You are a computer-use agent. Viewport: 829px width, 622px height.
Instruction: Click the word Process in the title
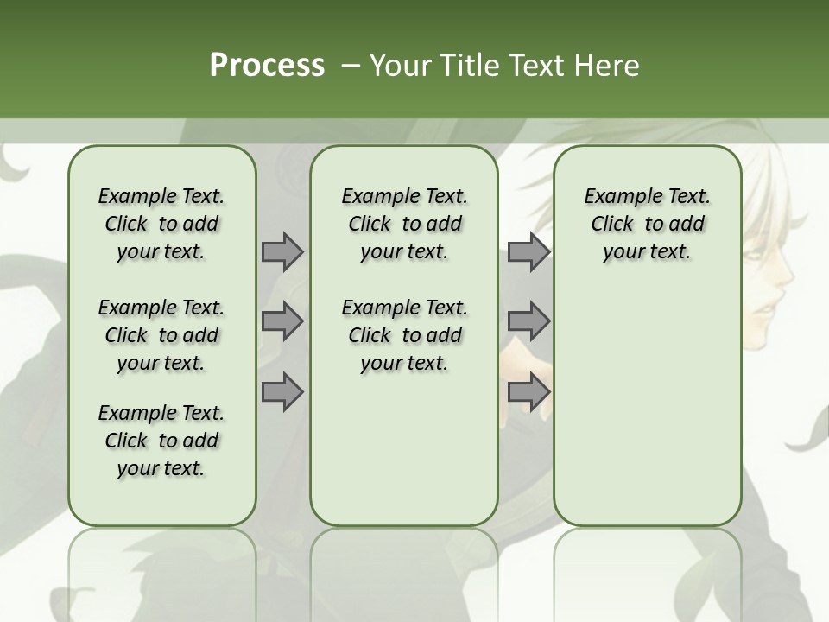[x=267, y=65]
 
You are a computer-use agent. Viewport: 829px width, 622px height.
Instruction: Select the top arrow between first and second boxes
[x=282, y=251]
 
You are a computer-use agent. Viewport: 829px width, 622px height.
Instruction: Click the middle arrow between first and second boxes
[x=282, y=321]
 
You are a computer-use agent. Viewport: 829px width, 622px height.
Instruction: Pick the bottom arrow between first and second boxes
[x=282, y=391]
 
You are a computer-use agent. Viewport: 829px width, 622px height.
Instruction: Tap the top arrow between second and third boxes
[x=528, y=251]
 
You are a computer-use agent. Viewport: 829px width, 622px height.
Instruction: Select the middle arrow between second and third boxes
[x=528, y=321]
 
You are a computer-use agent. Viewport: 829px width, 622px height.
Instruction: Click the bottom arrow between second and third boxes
[x=528, y=391]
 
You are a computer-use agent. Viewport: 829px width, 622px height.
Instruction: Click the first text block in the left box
[x=161, y=224]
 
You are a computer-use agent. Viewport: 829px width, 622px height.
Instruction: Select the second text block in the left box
[x=161, y=335]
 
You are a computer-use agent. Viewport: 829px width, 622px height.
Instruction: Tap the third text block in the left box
[x=161, y=441]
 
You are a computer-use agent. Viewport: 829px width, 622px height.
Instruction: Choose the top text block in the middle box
[x=404, y=224]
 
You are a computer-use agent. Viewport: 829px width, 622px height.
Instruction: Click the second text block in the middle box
[x=404, y=335]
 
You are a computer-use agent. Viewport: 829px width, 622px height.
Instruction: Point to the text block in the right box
[x=647, y=224]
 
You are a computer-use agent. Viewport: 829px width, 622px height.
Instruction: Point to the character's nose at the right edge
[x=788, y=278]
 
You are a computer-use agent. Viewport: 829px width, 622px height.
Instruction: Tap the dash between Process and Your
[x=351, y=66]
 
